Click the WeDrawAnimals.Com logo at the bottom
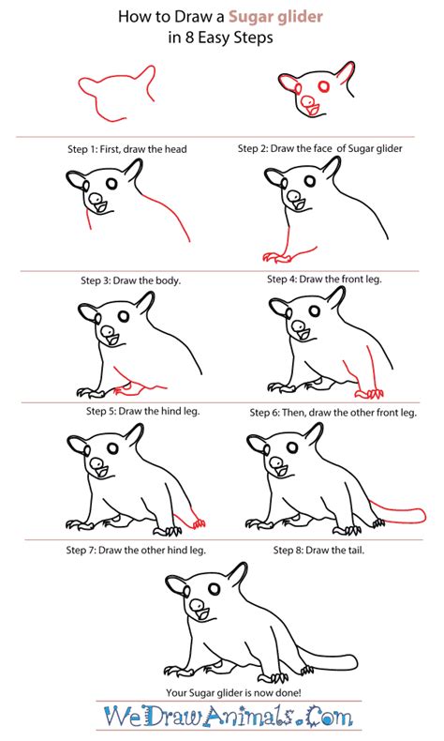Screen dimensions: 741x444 [222, 719]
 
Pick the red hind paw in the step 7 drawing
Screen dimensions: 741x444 [197, 521]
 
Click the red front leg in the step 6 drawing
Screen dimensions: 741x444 [361, 380]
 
